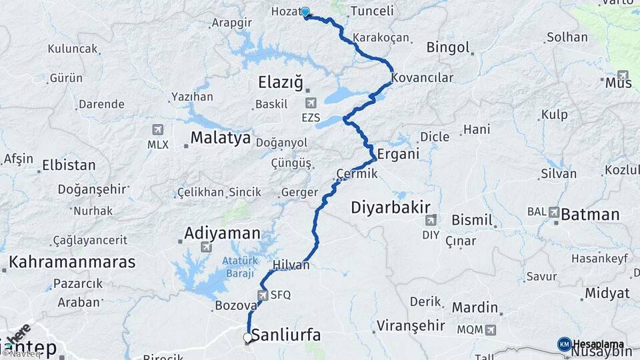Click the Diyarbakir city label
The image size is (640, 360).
391,207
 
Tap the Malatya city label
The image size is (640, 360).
221,138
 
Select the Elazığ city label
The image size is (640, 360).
280,83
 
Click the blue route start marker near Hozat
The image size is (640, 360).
305,11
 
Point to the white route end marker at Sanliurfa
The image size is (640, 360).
248,338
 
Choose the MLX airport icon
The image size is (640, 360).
158,129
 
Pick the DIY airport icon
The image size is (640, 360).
431,219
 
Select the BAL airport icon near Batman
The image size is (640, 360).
553,212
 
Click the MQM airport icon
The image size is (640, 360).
491,329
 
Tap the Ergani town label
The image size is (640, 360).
398,154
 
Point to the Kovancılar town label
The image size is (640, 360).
422,78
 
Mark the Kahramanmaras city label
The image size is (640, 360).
72,261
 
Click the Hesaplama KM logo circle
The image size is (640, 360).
564,344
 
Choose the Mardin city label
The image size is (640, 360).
475,307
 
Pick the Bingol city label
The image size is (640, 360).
449,48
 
